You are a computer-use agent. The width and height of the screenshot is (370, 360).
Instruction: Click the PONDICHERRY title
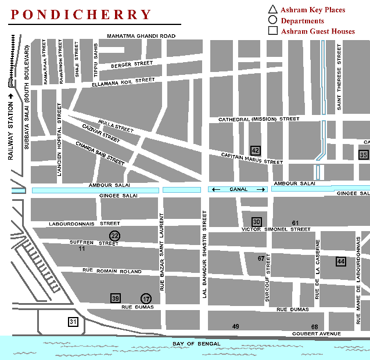coord(81,15)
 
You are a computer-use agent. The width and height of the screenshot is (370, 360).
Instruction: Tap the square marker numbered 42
coord(255,150)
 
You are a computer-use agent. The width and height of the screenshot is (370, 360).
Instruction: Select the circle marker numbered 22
coord(115,235)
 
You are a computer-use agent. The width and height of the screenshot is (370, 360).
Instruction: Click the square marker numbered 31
coord(73,322)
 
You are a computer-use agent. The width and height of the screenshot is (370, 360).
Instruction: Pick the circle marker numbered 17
coord(146,298)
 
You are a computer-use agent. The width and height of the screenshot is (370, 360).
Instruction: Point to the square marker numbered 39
coord(116,298)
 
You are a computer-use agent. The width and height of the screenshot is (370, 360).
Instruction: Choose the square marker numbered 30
coord(257,221)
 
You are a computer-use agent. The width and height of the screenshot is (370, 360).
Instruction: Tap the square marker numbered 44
coord(341,262)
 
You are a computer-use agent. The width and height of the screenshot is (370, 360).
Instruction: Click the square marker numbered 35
coord(364,154)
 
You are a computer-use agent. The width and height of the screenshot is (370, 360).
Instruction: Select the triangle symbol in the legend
coord(272,9)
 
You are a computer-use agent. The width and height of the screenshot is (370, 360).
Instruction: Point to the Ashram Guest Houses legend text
coord(318,31)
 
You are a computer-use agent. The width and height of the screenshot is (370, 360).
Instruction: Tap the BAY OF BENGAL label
coord(196,344)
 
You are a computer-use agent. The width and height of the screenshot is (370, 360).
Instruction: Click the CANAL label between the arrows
coord(238,189)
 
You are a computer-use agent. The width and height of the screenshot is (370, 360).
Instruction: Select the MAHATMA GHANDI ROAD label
coord(141,36)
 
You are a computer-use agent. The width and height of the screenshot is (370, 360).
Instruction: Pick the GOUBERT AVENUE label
coord(317,334)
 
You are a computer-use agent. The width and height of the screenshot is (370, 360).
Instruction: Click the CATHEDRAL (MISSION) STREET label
coord(258,119)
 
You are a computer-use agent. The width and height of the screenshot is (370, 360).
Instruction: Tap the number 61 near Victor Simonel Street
coord(295,223)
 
